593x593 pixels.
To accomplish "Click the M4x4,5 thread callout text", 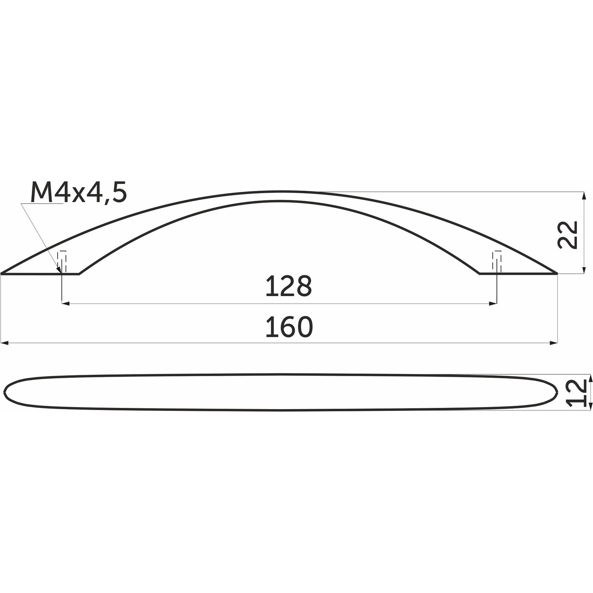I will (79, 193).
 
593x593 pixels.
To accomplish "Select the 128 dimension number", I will (288, 286).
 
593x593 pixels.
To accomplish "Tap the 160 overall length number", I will (289, 327).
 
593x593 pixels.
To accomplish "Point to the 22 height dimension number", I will (568, 234).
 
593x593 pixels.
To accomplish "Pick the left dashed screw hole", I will (63, 261).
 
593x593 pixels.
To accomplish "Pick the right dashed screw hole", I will (496, 261).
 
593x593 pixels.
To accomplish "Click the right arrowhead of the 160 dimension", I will (553, 343).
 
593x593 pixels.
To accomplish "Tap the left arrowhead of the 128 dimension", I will (66, 303).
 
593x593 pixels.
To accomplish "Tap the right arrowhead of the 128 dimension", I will (493, 303).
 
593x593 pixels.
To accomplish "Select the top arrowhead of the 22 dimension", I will (585, 196).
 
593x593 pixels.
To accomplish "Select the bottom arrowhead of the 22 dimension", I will (585, 270).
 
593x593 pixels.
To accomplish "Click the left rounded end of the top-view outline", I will (6, 393).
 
